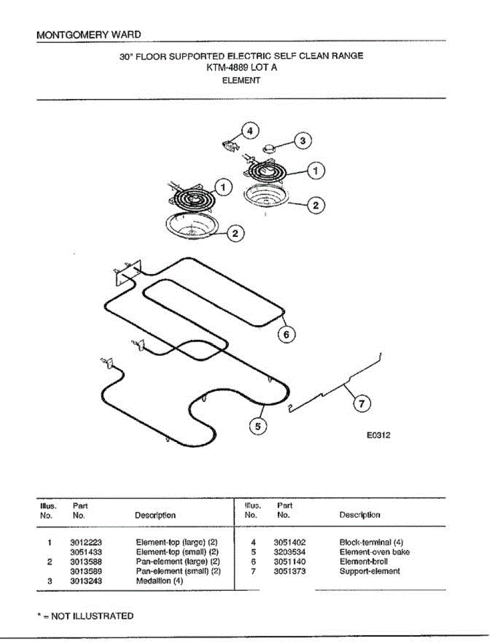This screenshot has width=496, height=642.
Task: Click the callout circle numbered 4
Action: (x=250, y=131)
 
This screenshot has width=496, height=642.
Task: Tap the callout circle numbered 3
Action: (x=303, y=141)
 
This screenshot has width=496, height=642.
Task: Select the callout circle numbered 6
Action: (x=286, y=334)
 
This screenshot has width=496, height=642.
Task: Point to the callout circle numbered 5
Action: (x=258, y=426)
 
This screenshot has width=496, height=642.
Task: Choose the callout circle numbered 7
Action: (x=362, y=404)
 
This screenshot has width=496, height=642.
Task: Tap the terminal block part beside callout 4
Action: (x=231, y=144)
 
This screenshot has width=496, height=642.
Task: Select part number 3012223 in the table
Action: (x=86, y=542)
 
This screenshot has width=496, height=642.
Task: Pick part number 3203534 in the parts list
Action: (x=289, y=552)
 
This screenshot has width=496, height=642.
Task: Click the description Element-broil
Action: (x=364, y=562)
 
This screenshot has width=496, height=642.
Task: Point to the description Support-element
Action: (x=370, y=571)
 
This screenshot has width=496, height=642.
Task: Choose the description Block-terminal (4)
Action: (x=371, y=542)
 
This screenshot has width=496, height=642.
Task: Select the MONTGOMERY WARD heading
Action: (x=89, y=35)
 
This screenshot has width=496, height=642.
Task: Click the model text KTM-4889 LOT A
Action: (x=241, y=68)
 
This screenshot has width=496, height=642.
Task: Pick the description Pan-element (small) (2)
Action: (x=178, y=571)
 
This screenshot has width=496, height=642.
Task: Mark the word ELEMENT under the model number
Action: (x=241, y=81)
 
